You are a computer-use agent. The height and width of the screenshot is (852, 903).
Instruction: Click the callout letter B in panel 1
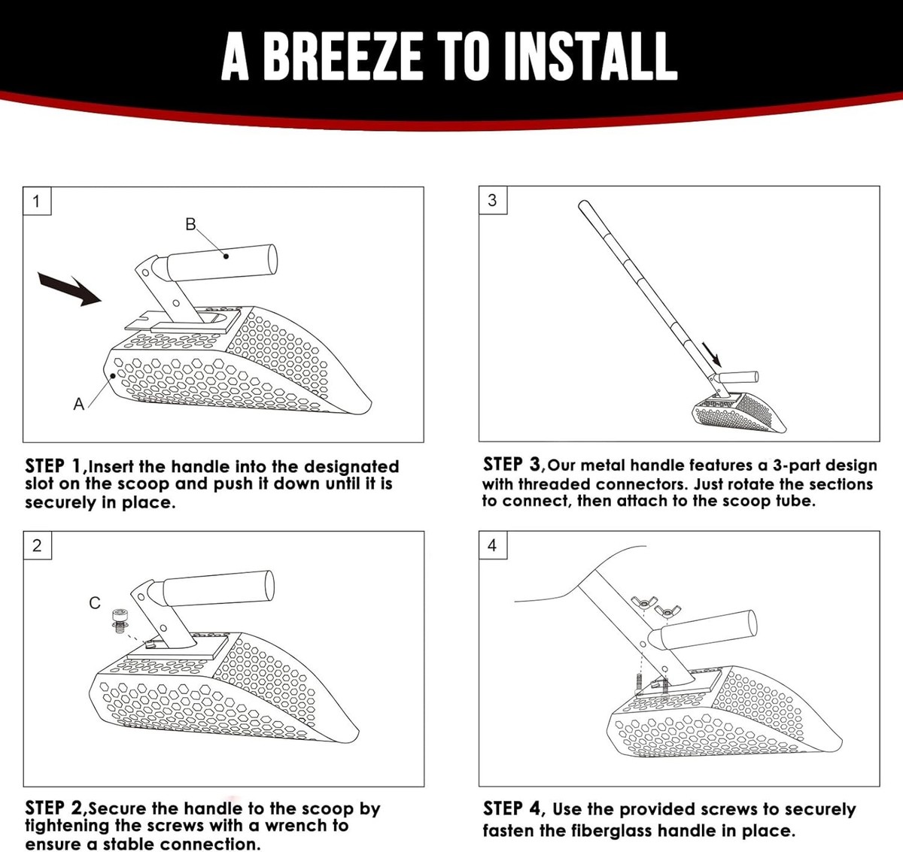[190, 224]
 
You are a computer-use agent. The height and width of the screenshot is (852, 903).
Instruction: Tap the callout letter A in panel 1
[79, 404]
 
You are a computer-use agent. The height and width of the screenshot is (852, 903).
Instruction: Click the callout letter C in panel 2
[95, 602]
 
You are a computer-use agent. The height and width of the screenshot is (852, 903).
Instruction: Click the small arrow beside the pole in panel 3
[712, 354]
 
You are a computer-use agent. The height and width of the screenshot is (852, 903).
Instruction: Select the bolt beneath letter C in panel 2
[119, 620]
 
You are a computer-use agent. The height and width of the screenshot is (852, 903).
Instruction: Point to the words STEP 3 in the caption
[511, 464]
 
